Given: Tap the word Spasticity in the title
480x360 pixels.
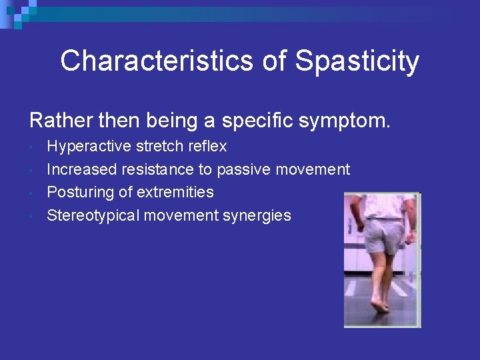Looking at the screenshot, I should point(357,61).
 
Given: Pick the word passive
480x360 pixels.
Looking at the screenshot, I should point(242,169).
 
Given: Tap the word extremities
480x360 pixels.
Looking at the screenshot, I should point(175,192).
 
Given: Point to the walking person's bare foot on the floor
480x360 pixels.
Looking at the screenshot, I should point(381,306).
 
